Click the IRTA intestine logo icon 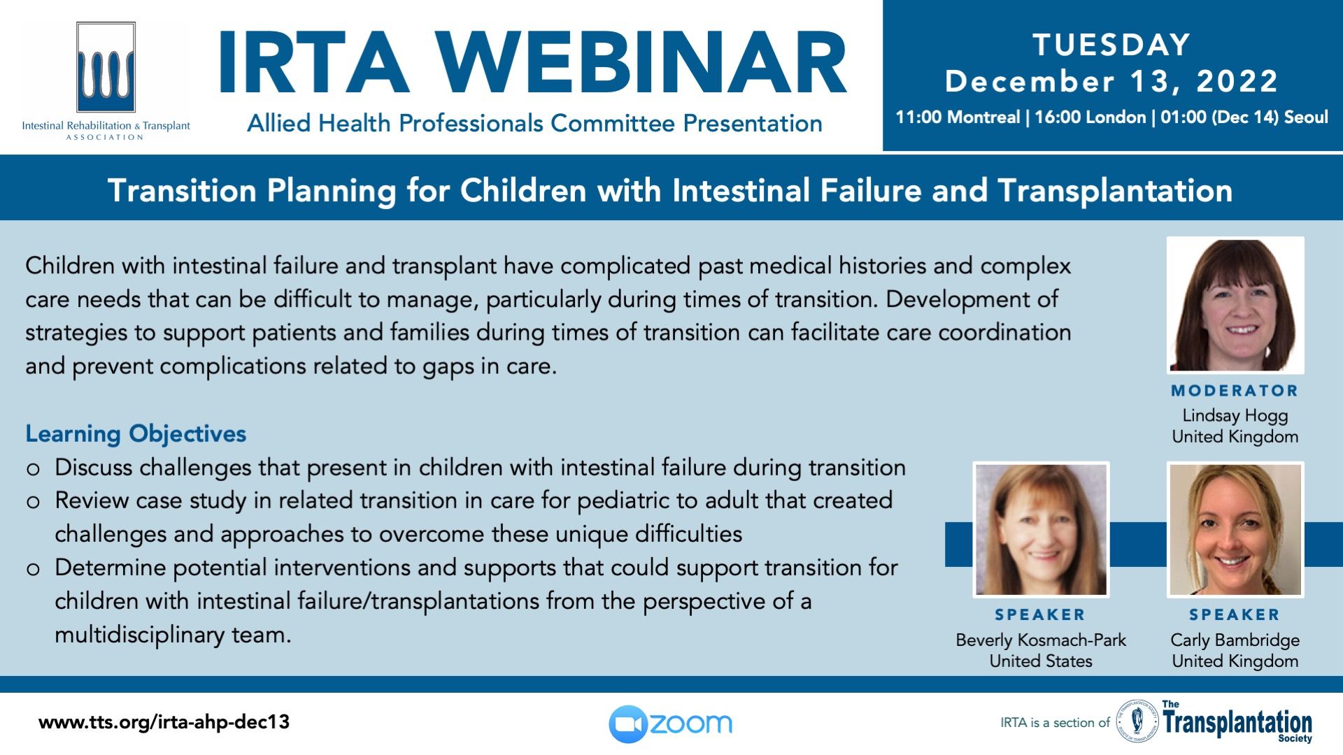coord(106,68)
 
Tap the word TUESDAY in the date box coord(1111,45)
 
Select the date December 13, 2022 coord(1111,82)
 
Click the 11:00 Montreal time coord(958,117)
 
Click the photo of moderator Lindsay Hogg coord(1235,305)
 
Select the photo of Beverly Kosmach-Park coord(1041,530)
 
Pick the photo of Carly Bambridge coord(1235,530)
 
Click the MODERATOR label coord(1235,391)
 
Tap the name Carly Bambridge coord(1235,640)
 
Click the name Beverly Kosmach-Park coord(1041,640)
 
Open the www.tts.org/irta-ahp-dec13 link coord(164,722)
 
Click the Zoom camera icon coord(627,724)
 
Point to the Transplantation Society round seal coord(1137,721)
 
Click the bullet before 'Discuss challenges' coord(33,469)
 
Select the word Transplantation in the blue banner coord(1115,191)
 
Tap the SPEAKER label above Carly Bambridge coord(1235,615)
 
